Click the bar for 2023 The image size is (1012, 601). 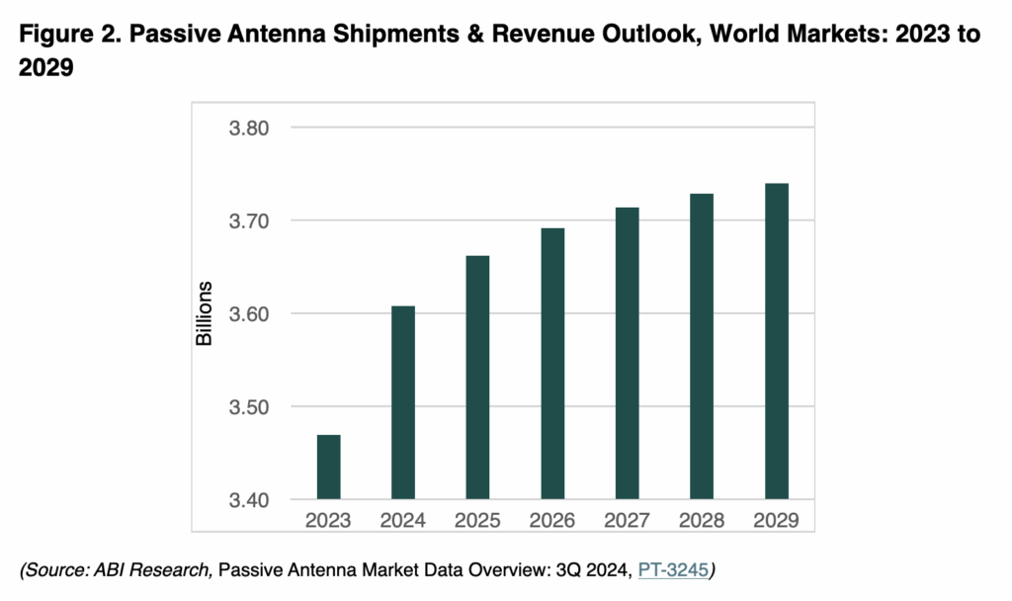(x=328, y=467)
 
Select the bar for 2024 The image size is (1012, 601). (x=403, y=402)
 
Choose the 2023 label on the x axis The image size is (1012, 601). (x=328, y=520)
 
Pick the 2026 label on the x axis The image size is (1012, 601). (x=552, y=520)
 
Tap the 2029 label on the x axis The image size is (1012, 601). (x=776, y=520)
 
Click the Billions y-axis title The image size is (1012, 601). (x=205, y=313)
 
